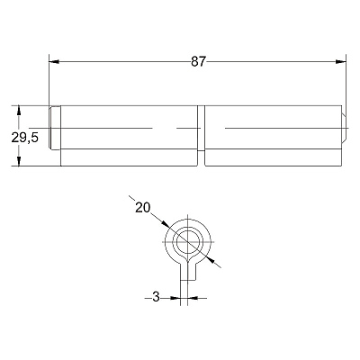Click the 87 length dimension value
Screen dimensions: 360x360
198,62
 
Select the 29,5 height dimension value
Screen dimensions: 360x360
25,138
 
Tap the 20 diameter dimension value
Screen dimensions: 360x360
142,207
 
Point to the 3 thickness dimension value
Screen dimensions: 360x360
156,297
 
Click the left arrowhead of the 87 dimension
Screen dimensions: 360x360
54,62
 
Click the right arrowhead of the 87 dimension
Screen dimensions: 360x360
341,62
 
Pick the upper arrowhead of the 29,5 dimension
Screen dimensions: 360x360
19,110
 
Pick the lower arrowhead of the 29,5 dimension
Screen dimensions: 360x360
19,161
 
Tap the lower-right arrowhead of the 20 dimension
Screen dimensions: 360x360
211,260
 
